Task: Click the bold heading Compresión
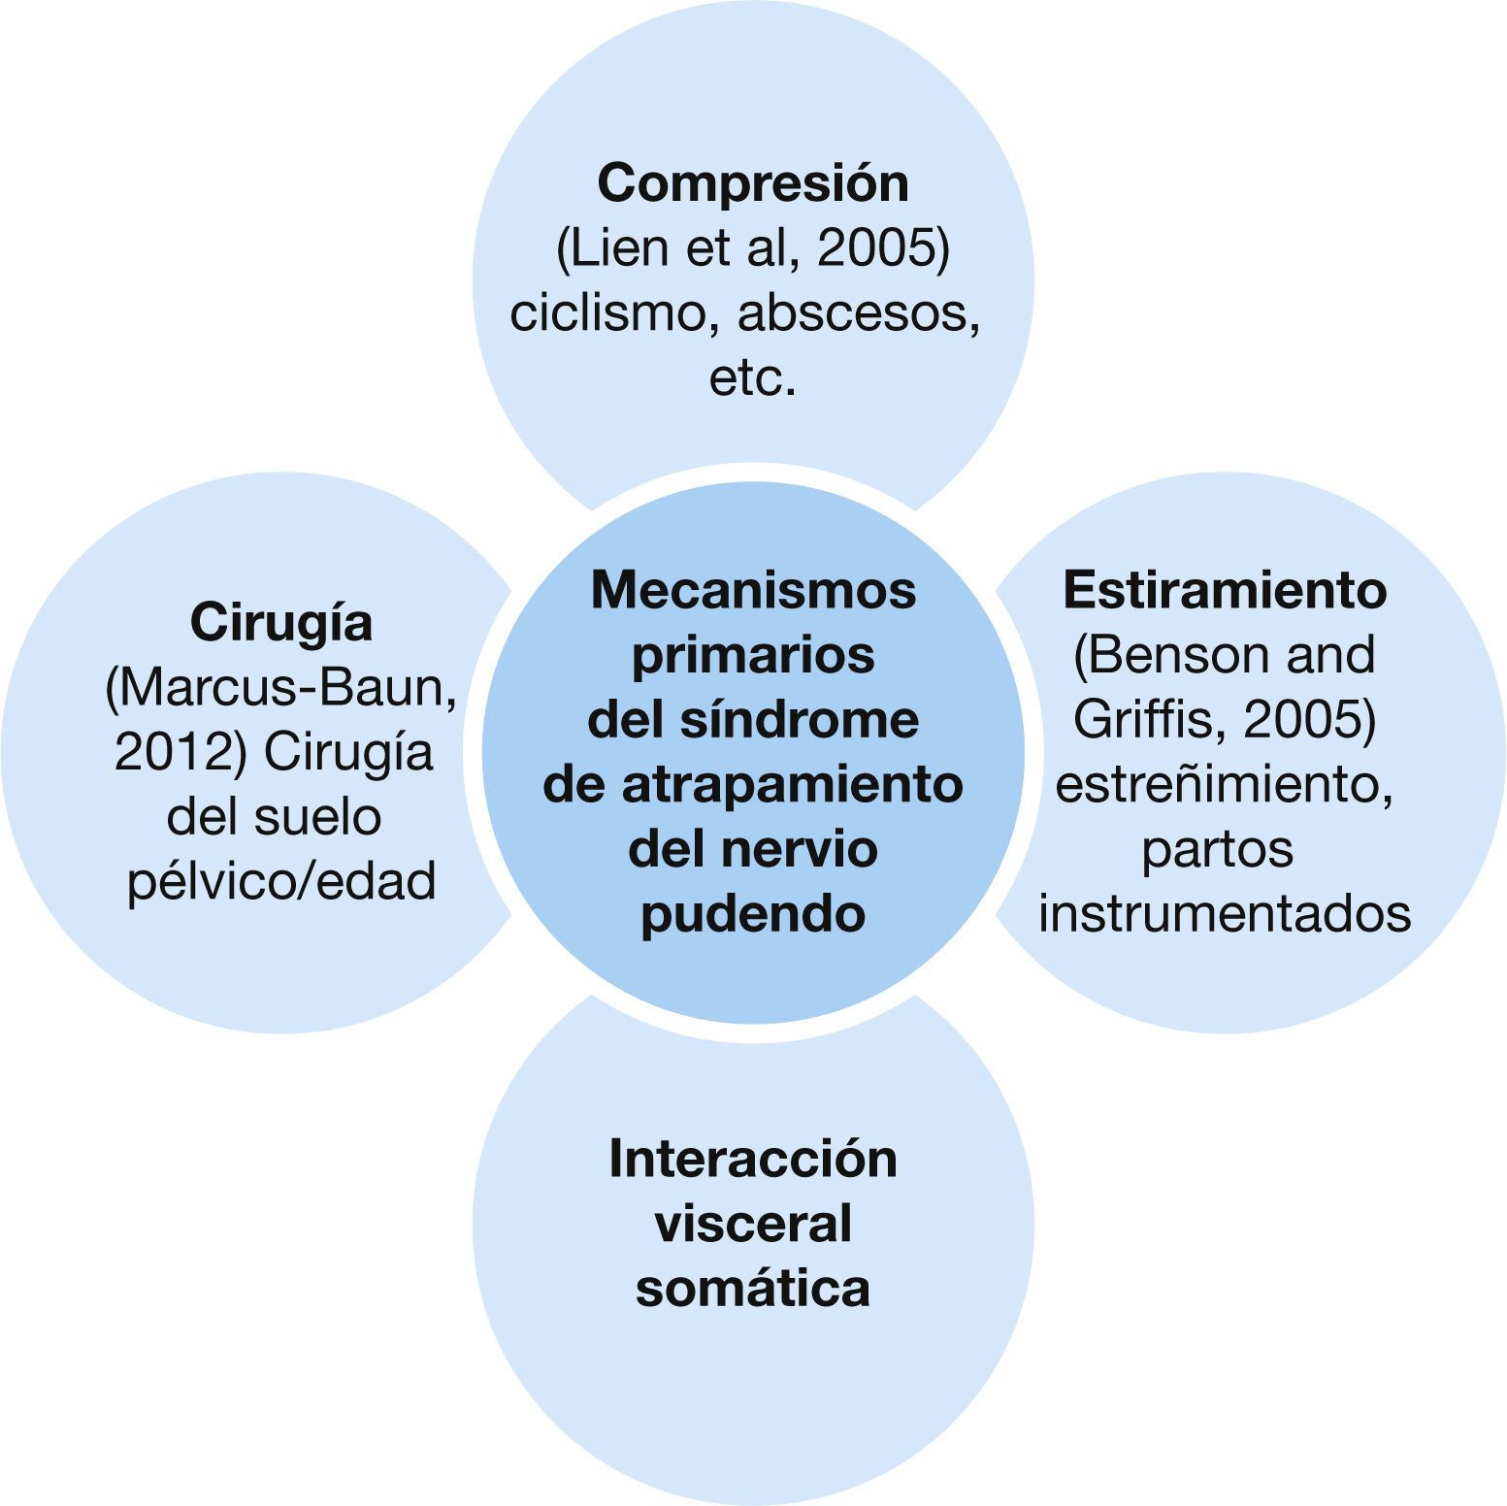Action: [753, 183]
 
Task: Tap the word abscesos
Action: [858, 313]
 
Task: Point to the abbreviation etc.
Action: [753, 378]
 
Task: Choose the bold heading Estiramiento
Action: [1225, 590]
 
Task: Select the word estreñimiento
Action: [1225, 784]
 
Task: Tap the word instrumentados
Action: [1225, 913]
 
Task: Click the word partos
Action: [1217, 849]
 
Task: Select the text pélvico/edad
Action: [281, 881]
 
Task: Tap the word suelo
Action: [319, 817]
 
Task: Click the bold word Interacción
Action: [753, 1159]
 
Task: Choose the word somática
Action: [753, 1288]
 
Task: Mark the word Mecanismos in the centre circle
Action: [753, 590]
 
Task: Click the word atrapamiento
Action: [792, 784]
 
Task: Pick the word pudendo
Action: [753, 913]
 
